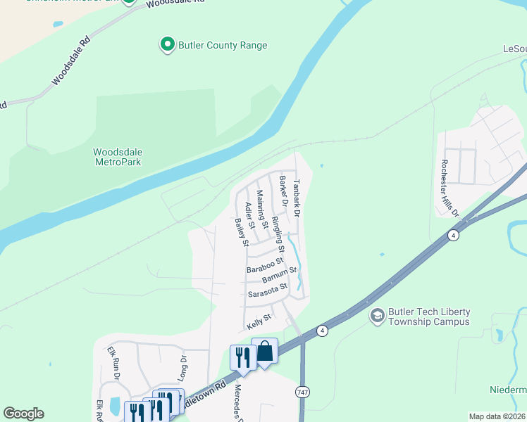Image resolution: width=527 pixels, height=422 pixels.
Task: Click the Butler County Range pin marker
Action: [x=167, y=45]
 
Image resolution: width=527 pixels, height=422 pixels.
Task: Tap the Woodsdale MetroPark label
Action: [x=118, y=156]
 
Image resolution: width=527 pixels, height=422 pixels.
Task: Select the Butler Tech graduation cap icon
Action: [x=377, y=316]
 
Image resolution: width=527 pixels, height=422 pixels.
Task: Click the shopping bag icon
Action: [x=265, y=351]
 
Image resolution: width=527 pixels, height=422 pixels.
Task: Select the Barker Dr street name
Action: [x=283, y=191]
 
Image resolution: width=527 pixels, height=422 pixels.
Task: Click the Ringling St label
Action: [x=277, y=234]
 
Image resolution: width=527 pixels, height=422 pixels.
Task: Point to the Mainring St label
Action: [x=261, y=209]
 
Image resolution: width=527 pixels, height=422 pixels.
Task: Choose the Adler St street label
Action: [x=249, y=215]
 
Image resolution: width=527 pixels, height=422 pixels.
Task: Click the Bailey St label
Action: [x=242, y=232]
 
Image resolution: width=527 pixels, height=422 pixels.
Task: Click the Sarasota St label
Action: [x=268, y=290]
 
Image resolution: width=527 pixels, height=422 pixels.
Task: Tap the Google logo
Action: [x=23, y=413]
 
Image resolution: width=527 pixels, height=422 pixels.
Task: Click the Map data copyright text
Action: [x=496, y=416]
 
